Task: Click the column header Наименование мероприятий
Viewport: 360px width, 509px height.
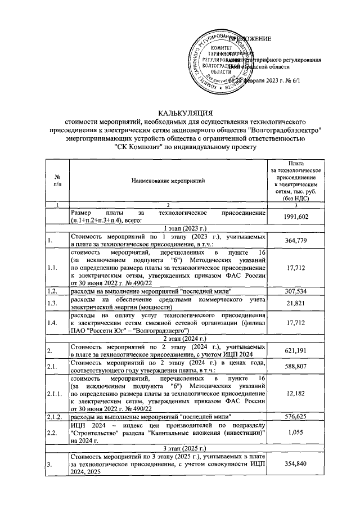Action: click(x=168, y=180)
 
